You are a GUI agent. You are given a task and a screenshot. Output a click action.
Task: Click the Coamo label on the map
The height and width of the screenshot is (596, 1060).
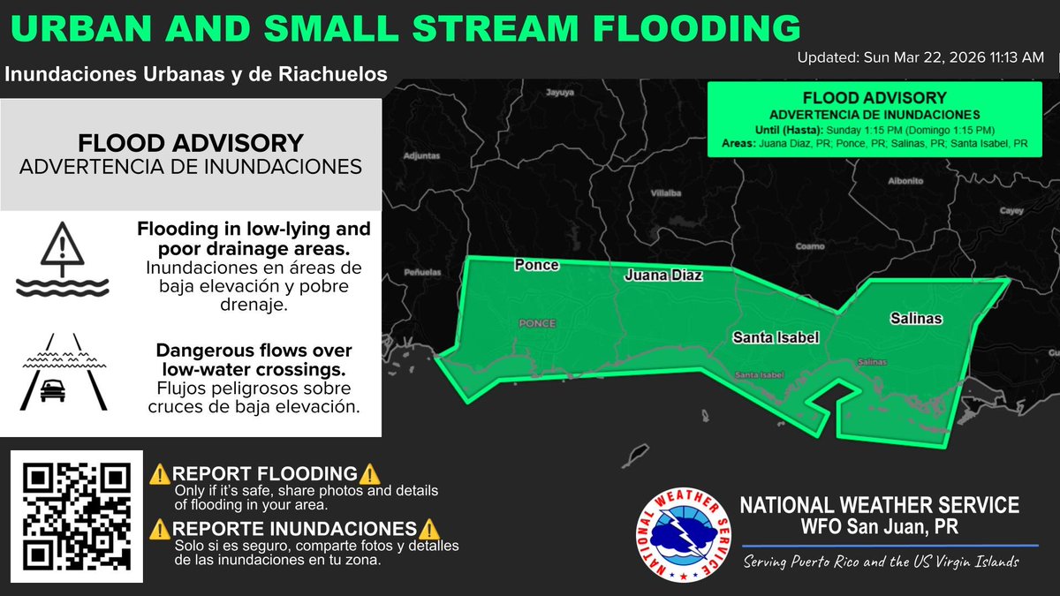(808, 246)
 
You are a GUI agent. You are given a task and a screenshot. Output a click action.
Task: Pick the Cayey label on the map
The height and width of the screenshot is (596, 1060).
(1011, 211)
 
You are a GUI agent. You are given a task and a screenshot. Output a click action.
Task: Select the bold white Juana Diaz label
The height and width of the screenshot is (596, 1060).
(663, 275)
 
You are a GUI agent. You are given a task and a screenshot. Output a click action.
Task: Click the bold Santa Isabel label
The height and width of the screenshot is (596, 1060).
(776, 337)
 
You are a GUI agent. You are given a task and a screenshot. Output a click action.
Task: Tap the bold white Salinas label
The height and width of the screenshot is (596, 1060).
(916, 319)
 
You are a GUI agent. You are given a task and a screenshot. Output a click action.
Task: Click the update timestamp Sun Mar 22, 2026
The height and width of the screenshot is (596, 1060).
(920, 57)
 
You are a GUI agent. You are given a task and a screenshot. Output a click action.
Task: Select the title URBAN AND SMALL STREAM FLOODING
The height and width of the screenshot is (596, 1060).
(407, 27)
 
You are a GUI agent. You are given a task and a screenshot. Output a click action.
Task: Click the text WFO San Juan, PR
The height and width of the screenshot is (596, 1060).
(879, 527)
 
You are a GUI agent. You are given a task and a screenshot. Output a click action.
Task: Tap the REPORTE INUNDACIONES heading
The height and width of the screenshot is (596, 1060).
(295, 529)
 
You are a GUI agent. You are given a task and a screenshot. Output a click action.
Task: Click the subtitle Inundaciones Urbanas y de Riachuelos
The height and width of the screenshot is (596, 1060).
(196, 75)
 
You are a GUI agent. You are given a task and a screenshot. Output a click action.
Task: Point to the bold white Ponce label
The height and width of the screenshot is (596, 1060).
(537, 265)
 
